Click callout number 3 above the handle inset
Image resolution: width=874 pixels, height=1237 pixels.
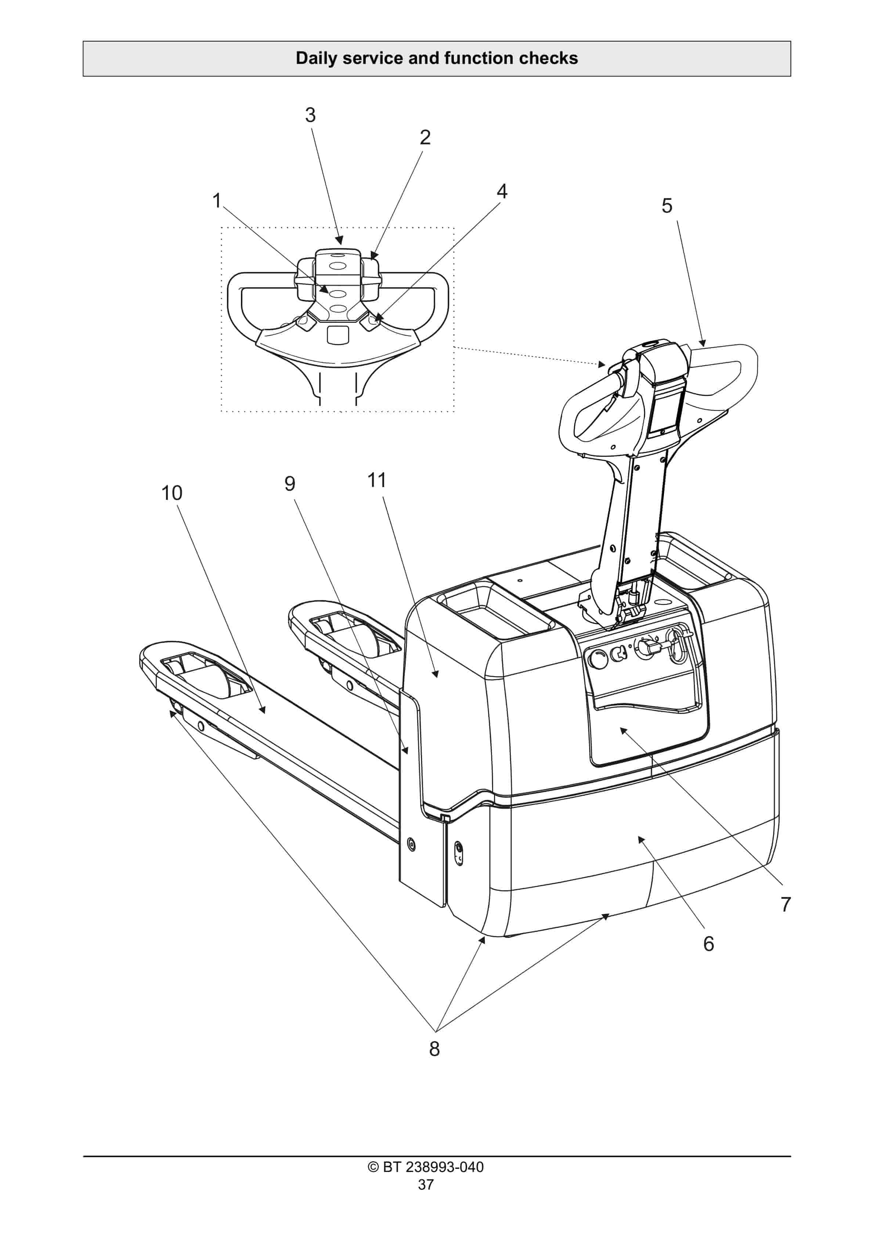point(310,115)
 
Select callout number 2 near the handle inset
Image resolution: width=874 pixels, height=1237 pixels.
point(425,137)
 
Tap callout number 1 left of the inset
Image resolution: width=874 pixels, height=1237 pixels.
point(217,201)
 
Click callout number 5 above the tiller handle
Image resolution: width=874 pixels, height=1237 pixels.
point(667,205)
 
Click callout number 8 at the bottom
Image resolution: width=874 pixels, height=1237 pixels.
point(434,1049)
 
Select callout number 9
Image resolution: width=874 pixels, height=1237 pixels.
point(290,483)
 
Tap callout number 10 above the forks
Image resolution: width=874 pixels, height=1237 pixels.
point(172,493)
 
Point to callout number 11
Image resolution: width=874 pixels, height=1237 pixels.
point(377,480)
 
